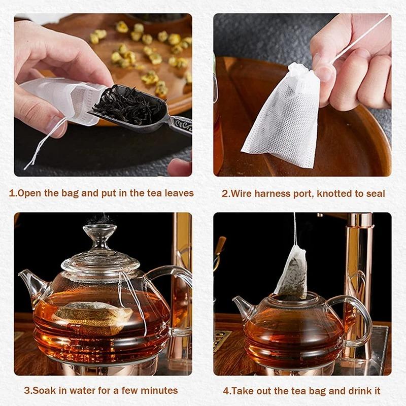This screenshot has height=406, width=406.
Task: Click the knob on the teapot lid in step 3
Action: pyautogui.click(x=98, y=235)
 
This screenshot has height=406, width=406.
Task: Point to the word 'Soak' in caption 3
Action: pyautogui.click(x=42, y=390)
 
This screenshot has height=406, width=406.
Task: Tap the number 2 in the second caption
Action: pyautogui.click(x=225, y=193)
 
